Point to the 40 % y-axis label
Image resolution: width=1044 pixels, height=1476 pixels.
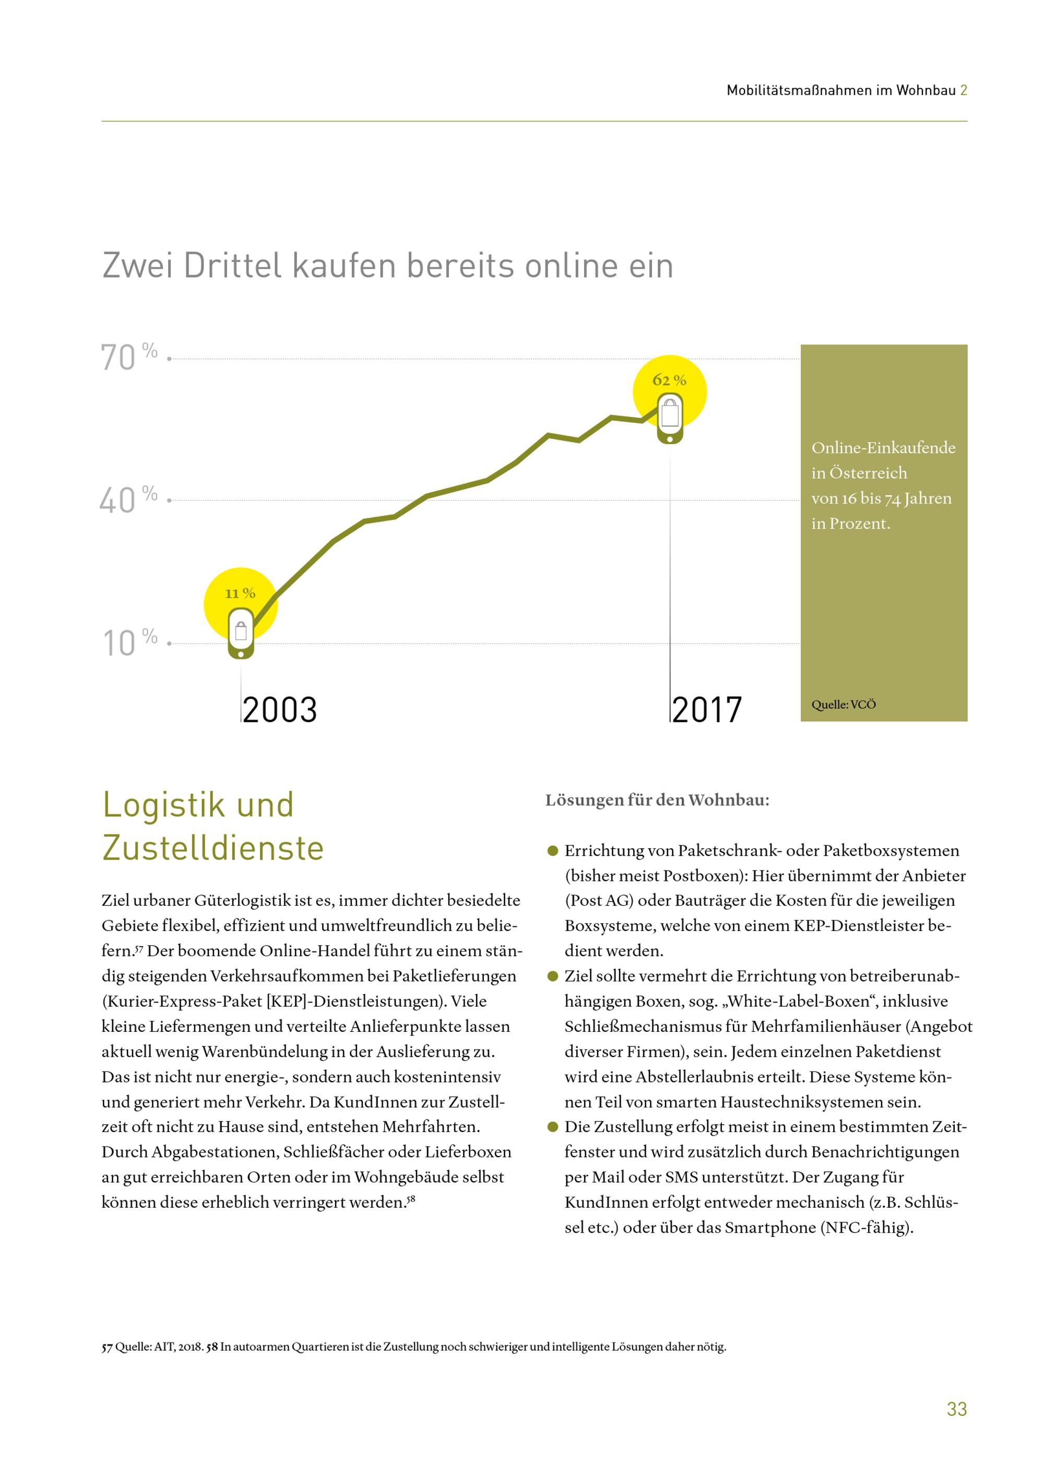pos(128,499)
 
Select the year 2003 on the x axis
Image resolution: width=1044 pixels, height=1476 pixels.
pos(280,710)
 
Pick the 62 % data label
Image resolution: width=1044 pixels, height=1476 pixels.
pos(669,380)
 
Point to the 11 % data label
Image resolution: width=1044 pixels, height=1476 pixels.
pos(240,593)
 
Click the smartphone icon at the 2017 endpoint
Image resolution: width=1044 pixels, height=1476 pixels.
pos(670,420)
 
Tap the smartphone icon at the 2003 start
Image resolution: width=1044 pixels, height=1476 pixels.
pos(241,634)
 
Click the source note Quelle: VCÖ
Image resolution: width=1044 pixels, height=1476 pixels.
pos(844,705)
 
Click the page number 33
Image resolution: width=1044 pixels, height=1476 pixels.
pos(957,1409)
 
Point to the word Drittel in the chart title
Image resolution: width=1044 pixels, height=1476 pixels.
pos(233,266)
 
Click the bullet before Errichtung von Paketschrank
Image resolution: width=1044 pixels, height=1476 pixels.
pos(552,851)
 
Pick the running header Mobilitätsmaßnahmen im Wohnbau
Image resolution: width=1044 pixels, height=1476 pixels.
pos(841,91)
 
